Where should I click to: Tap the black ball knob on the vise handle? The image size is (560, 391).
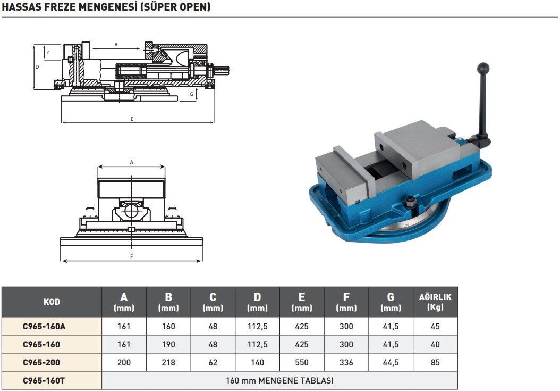click(x=482, y=68)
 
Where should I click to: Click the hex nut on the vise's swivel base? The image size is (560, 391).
click(x=410, y=202)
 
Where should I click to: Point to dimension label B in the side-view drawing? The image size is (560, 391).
click(x=116, y=45)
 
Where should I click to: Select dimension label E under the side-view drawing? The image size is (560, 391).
click(x=132, y=119)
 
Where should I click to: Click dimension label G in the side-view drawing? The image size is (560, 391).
click(x=191, y=94)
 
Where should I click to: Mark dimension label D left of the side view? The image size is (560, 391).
click(x=37, y=67)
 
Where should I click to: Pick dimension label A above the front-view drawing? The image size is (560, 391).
click(x=131, y=162)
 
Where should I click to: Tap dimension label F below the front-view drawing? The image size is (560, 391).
click(x=131, y=256)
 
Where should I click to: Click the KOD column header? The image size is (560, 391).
click(x=52, y=302)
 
